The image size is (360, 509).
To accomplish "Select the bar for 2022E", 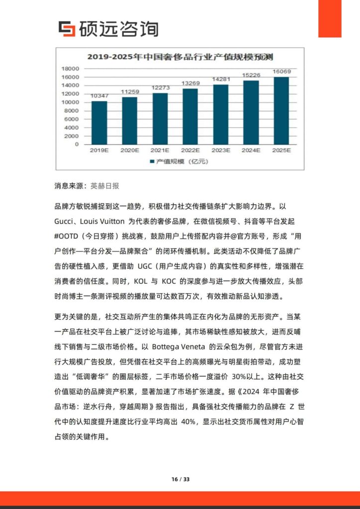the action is (190, 116).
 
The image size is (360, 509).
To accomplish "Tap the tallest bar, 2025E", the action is (281, 110).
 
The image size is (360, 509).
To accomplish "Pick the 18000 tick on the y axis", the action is (71, 69).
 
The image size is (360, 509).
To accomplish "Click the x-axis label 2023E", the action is (221, 150).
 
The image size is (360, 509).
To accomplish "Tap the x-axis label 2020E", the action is (130, 150).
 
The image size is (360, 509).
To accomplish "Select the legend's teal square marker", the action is (152, 162).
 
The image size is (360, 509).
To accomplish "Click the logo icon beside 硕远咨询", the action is (67, 29).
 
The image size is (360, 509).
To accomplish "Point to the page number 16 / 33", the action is (180, 479).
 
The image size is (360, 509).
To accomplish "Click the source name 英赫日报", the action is (105, 186).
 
